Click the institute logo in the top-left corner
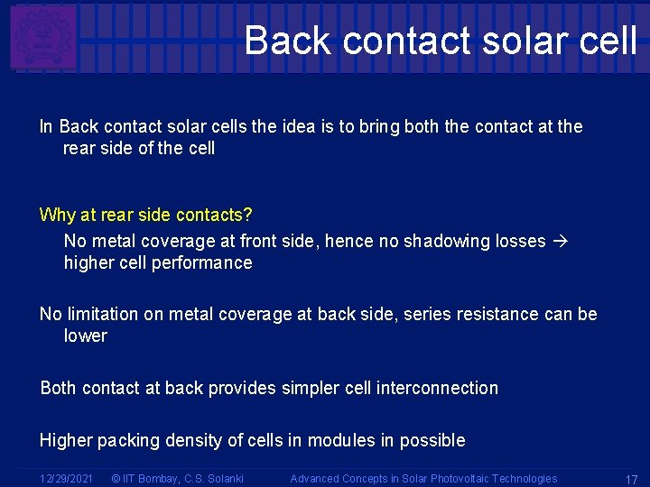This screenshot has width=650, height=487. point(42,37)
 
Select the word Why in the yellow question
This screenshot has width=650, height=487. point(57,216)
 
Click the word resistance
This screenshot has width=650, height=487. point(503,315)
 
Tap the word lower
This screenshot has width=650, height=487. point(86,336)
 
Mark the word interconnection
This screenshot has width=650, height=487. point(437,389)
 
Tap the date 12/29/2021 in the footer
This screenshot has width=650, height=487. point(66,479)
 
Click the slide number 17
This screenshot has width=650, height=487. point(631,480)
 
